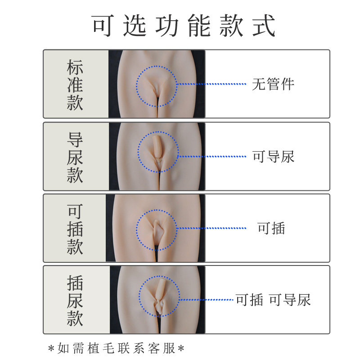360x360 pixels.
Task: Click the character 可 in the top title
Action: click(x=103, y=26)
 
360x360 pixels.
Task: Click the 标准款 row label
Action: click(x=75, y=85)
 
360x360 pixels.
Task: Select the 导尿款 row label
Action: click(x=75, y=157)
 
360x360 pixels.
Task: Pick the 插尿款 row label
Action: click(x=75, y=301)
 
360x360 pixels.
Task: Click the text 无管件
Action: click(x=273, y=84)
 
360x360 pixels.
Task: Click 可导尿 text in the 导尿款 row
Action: click(x=273, y=157)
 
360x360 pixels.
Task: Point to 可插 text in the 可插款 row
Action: click(x=271, y=229)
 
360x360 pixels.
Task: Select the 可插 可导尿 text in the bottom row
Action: click(x=273, y=300)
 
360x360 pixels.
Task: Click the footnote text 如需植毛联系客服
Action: click(x=117, y=348)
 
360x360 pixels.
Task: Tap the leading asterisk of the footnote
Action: click(x=52, y=348)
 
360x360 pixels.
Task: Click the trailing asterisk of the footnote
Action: click(x=181, y=348)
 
